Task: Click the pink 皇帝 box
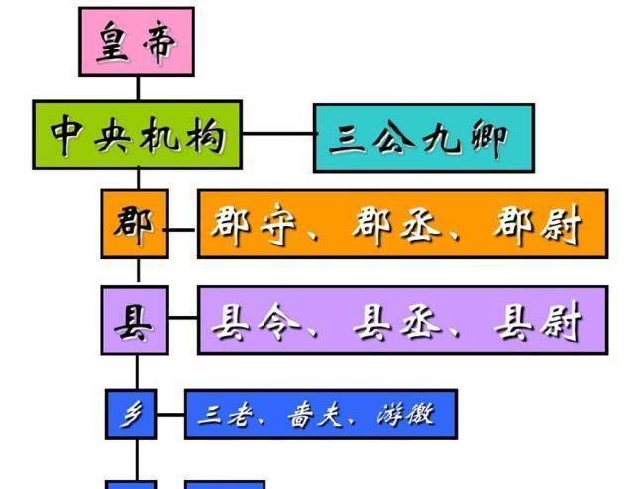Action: click(x=137, y=42)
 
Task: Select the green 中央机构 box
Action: click(x=137, y=134)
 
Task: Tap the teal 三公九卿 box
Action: click(x=424, y=138)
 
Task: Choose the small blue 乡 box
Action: click(x=131, y=414)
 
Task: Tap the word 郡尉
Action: click(x=535, y=225)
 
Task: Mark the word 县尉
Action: click(x=536, y=321)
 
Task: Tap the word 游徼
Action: click(x=404, y=415)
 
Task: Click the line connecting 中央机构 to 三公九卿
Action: click(x=278, y=133)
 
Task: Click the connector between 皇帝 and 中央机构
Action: click(x=137, y=87)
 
